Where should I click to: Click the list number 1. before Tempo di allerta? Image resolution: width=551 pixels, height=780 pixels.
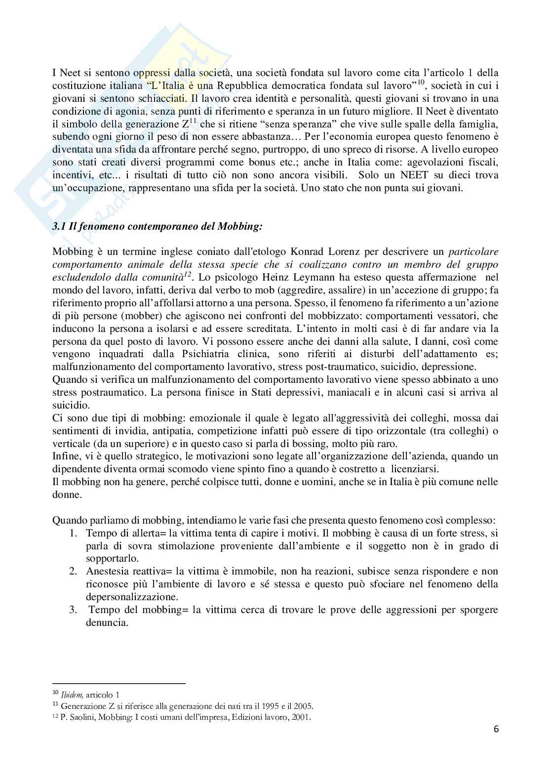pyautogui.click(x=73, y=533)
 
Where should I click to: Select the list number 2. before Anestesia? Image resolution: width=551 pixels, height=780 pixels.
pyautogui.click(x=73, y=572)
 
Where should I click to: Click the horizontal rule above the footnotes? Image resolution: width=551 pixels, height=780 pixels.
pyautogui.click(x=118, y=684)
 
